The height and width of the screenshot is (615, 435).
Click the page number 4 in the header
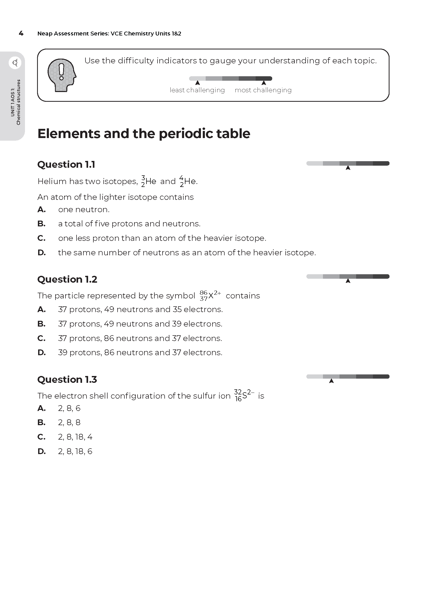[x=21, y=33]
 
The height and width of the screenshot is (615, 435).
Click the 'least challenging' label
[x=197, y=90]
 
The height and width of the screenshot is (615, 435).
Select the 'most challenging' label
[x=263, y=90]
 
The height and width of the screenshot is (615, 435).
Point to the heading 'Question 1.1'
[x=66, y=164]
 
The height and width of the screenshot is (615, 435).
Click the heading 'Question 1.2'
[x=67, y=279]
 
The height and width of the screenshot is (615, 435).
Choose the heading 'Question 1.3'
[x=67, y=380]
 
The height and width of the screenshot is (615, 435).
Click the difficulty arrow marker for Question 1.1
[x=348, y=168]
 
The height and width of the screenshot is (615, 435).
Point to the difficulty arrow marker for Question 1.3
[x=331, y=381]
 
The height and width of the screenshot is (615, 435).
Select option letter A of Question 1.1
[x=42, y=210]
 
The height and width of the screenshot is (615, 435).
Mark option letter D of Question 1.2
[x=42, y=353]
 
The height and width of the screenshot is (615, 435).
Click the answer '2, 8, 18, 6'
[x=75, y=451]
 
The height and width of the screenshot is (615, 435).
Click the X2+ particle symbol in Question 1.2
[x=211, y=296]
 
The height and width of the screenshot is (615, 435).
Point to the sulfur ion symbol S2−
[x=244, y=395]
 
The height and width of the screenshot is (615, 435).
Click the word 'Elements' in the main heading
[x=69, y=134]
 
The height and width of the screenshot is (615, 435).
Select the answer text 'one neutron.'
[x=84, y=210]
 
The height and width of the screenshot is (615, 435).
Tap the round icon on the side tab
[x=15, y=63]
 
